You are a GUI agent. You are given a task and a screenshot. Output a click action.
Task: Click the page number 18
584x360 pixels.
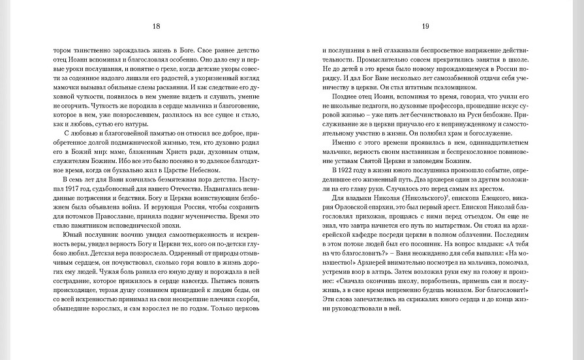click(x=156, y=27)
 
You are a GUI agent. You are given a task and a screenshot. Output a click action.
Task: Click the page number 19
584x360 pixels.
click(x=425, y=27)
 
